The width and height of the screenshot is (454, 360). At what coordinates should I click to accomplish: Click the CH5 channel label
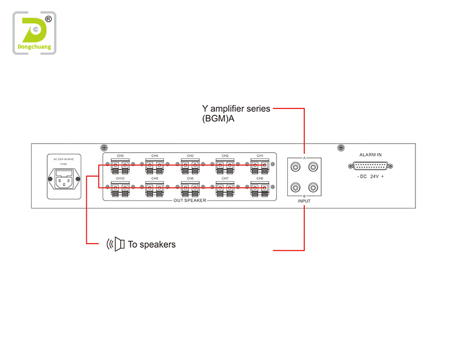click(x=120, y=156)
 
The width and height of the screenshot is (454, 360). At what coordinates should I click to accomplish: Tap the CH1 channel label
click(x=260, y=156)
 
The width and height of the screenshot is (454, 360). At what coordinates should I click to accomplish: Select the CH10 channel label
click(x=120, y=178)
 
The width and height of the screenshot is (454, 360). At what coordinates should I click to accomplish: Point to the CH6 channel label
click(x=260, y=178)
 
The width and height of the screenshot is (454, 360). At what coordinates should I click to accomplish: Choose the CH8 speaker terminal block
click(x=190, y=188)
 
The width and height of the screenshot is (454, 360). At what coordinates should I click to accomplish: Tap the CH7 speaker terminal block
click(x=225, y=188)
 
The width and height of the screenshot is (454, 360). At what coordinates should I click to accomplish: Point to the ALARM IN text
click(x=371, y=154)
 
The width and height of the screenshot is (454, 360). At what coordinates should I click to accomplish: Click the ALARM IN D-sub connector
click(x=371, y=166)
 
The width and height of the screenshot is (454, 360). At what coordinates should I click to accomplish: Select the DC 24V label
click(x=371, y=177)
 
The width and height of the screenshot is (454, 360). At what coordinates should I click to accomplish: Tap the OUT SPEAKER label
click(x=190, y=200)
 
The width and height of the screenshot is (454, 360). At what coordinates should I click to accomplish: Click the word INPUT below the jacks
click(x=304, y=201)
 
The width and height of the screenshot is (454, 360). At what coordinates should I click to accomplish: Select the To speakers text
click(x=152, y=245)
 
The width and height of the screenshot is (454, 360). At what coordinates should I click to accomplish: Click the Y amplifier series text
click(x=236, y=108)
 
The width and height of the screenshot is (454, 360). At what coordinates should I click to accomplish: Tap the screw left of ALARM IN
click(x=340, y=148)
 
